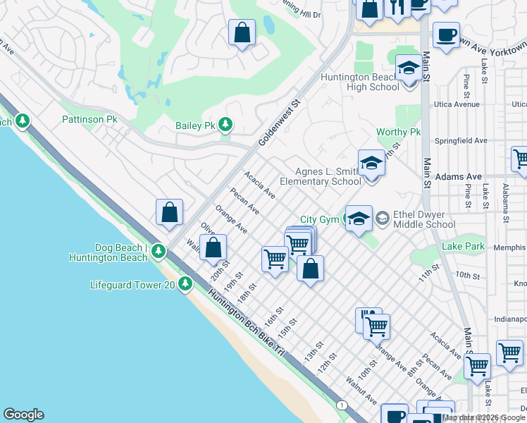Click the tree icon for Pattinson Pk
pos(23,121)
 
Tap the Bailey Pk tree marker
pos(225,125)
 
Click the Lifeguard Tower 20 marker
pos(185,284)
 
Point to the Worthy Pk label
pos(398,133)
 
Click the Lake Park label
pos(463,246)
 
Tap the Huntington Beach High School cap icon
pos(408,69)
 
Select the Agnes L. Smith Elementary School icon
pos(371,164)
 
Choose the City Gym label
pos(320,220)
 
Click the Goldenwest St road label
pos(279,122)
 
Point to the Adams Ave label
pos(458,176)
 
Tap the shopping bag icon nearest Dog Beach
pos(170,212)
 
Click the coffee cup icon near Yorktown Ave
pos(446,36)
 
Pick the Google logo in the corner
pos(23,415)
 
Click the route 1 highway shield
pos(342,404)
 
